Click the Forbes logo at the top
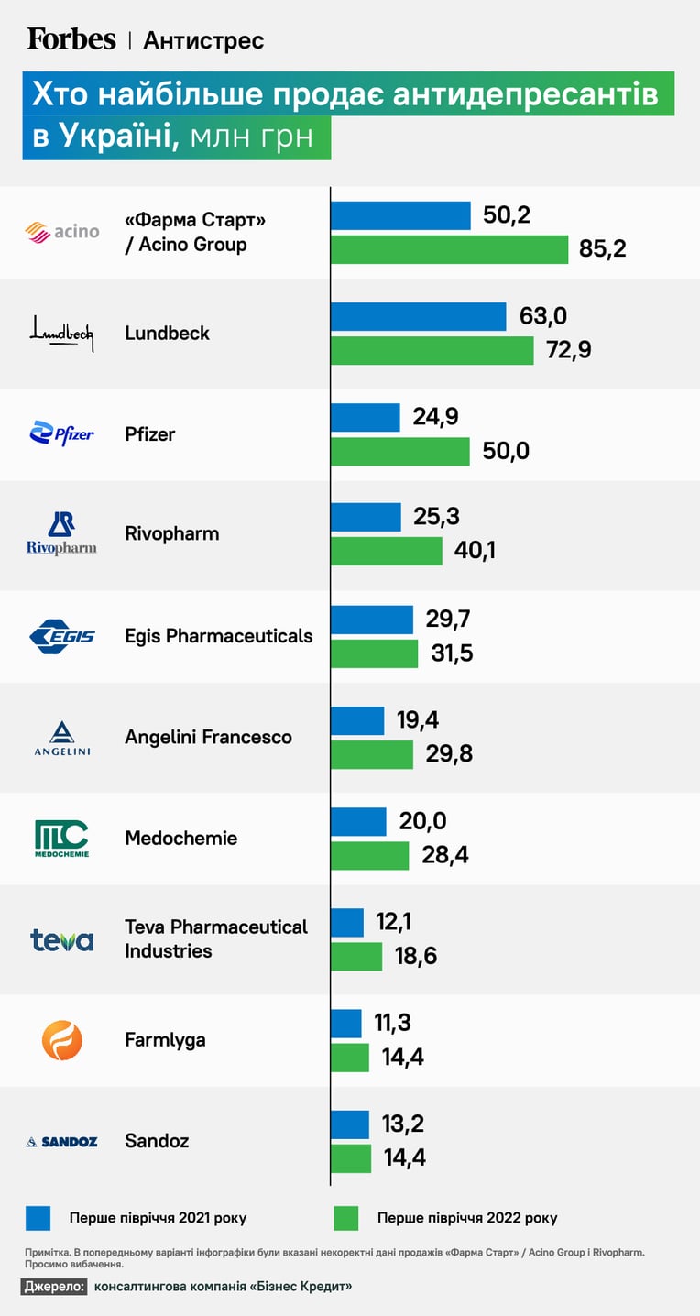coord(71,39)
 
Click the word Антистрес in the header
coord(203,40)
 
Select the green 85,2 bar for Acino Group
coord(449,249)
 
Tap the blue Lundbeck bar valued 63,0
coord(418,317)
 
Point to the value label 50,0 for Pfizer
coord(506,451)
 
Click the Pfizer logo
coord(61,433)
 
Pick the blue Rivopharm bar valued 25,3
coord(366,517)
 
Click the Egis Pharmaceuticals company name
coord(218,636)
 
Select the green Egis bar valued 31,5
coord(374,654)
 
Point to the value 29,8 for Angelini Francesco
coord(449,753)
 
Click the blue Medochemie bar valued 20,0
coord(358,821)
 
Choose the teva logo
coord(61,940)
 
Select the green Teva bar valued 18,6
coord(356,957)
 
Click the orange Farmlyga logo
coord(61,1040)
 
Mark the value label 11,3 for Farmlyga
coord(393,1023)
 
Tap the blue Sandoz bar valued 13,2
coord(350,1124)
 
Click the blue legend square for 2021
coord(38,1218)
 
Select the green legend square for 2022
coord(346,1218)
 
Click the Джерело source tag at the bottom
coord(54,1286)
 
